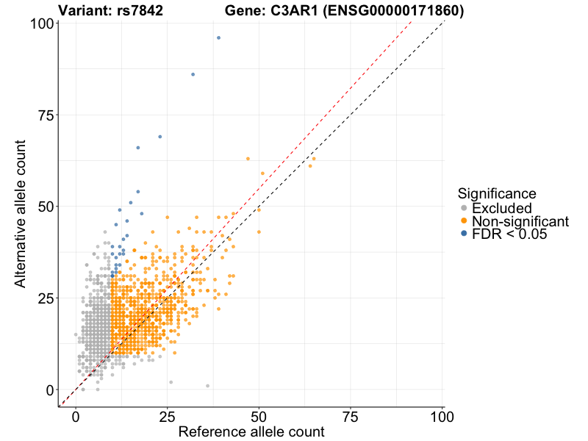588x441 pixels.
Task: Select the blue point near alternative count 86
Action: tap(193, 74)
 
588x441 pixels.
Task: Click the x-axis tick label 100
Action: tap(442, 417)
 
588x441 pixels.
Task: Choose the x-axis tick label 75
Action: tap(351, 417)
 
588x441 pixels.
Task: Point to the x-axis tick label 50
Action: tap(259, 417)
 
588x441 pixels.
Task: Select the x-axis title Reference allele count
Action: tap(251, 432)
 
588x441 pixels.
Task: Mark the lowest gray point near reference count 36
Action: tap(207, 385)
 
